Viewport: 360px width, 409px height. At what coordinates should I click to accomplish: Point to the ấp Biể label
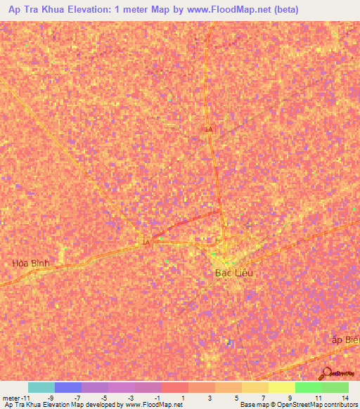pos(345,339)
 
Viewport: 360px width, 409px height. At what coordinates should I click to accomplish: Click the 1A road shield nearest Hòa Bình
pos(146,243)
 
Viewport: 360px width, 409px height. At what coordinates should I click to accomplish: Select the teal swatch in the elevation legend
pos(41,387)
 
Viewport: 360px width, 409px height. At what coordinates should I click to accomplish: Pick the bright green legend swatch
pos(308,387)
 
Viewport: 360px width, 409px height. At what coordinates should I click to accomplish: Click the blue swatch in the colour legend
pos(67,387)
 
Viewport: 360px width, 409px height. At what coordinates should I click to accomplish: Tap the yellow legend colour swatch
pos(281,387)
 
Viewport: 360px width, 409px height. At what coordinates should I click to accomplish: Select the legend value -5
pos(103,397)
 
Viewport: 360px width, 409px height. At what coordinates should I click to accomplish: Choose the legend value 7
pos(264,397)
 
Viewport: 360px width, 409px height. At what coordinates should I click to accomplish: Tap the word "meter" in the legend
pos(10,397)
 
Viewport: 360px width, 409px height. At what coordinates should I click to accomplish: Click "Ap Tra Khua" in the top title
pos(32,10)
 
